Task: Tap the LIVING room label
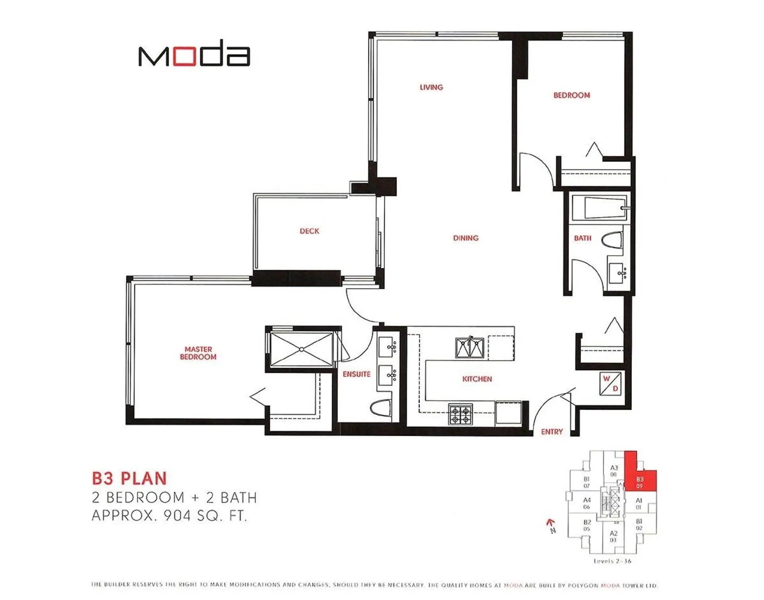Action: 431,87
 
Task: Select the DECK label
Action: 309,231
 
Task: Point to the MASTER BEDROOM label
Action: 198,353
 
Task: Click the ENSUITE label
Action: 357,374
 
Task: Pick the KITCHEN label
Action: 477,379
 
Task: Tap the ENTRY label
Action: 552,431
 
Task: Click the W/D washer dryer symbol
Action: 610,384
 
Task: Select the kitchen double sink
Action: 470,348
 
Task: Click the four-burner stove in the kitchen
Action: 461,415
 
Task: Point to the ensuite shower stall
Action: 301,350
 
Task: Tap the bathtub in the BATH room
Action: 600,208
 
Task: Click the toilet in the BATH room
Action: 612,241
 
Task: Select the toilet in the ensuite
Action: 380,408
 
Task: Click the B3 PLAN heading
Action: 129,478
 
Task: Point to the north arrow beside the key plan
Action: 551,525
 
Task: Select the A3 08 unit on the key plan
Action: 614,470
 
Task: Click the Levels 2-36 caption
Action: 612,561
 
